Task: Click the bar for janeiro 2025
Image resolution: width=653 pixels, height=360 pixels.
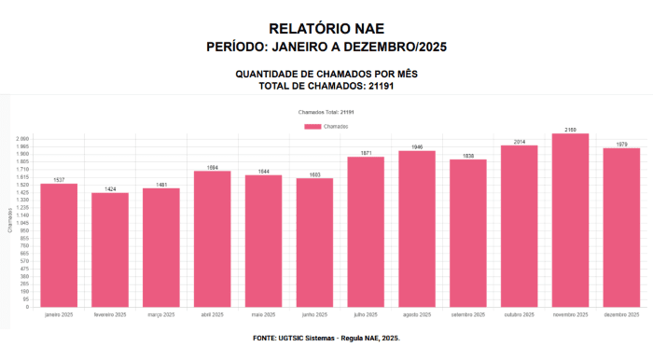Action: [59, 244]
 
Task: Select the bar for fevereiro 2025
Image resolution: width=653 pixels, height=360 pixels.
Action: [110, 249]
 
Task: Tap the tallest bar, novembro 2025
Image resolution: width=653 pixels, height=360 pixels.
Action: [570, 220]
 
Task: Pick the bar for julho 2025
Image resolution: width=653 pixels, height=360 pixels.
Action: [366, 231]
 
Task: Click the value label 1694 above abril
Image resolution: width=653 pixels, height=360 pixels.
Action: [213, 167]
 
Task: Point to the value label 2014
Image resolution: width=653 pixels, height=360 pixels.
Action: [520, 142]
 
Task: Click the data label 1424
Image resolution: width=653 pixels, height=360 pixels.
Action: [110, 189]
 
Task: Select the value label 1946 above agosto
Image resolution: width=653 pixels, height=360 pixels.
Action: [417, 147]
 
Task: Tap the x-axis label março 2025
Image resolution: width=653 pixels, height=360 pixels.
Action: [161, 315]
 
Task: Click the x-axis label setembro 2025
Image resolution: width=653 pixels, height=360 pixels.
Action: [468, 315]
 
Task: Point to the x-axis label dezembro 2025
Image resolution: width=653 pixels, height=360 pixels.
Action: [621, 315]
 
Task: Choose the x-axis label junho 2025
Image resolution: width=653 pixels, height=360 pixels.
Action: [314, 315]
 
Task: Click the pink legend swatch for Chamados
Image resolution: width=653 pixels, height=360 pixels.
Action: [313, 126]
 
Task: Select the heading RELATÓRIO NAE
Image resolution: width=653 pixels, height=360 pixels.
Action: [326, 30]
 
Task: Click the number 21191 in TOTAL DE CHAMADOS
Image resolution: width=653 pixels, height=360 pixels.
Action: [375, 86]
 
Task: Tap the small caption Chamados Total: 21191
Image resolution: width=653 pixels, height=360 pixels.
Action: [326, 112]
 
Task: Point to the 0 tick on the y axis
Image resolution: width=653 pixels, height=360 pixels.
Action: [28, 306]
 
